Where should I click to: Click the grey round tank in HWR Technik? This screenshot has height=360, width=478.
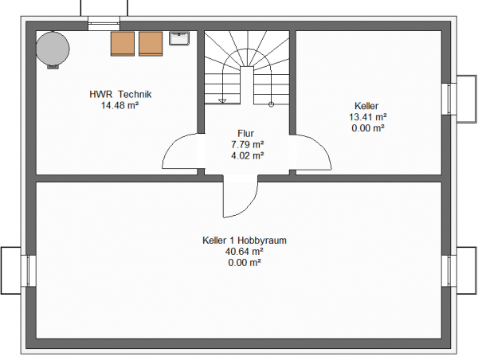click(53, 49)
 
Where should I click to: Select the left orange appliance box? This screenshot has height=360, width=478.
click(123, 44)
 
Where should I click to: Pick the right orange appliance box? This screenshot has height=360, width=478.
click(151, 44)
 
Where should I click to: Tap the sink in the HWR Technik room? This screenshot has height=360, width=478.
click(179, 38)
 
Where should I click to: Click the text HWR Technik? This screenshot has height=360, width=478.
click(120, 94)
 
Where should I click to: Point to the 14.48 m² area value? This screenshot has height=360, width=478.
click(120, 105)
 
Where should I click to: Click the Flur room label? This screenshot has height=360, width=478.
click(245, 134)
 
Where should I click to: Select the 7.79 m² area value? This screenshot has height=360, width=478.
click(247, 144)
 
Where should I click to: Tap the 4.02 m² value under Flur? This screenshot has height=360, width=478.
click(247, 156)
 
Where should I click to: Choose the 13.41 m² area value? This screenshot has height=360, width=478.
click(368, 117)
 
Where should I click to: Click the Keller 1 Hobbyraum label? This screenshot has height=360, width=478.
click(245, 241)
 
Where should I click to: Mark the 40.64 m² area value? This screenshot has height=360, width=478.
click(245, 252)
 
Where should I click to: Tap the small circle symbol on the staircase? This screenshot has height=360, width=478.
click(271, 104)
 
